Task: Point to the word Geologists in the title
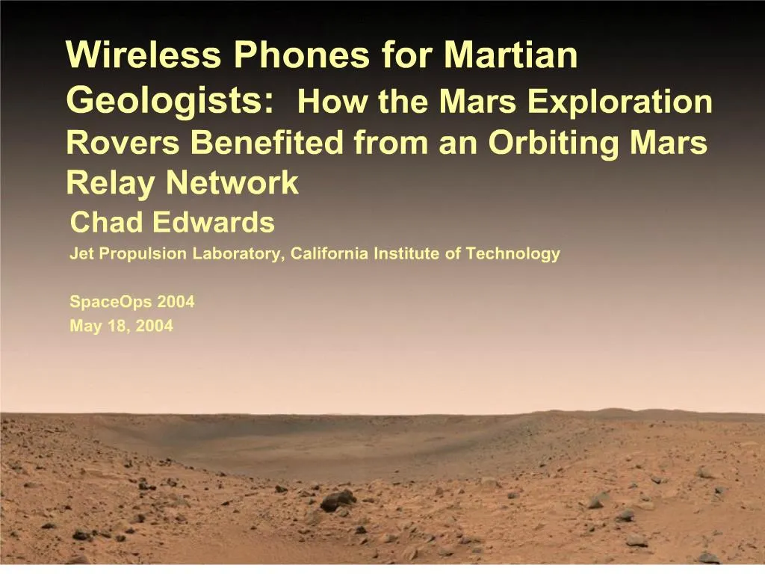[x=169, y=100]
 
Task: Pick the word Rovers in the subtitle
[x=123, y=143]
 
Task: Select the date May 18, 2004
[x=121, y=326]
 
